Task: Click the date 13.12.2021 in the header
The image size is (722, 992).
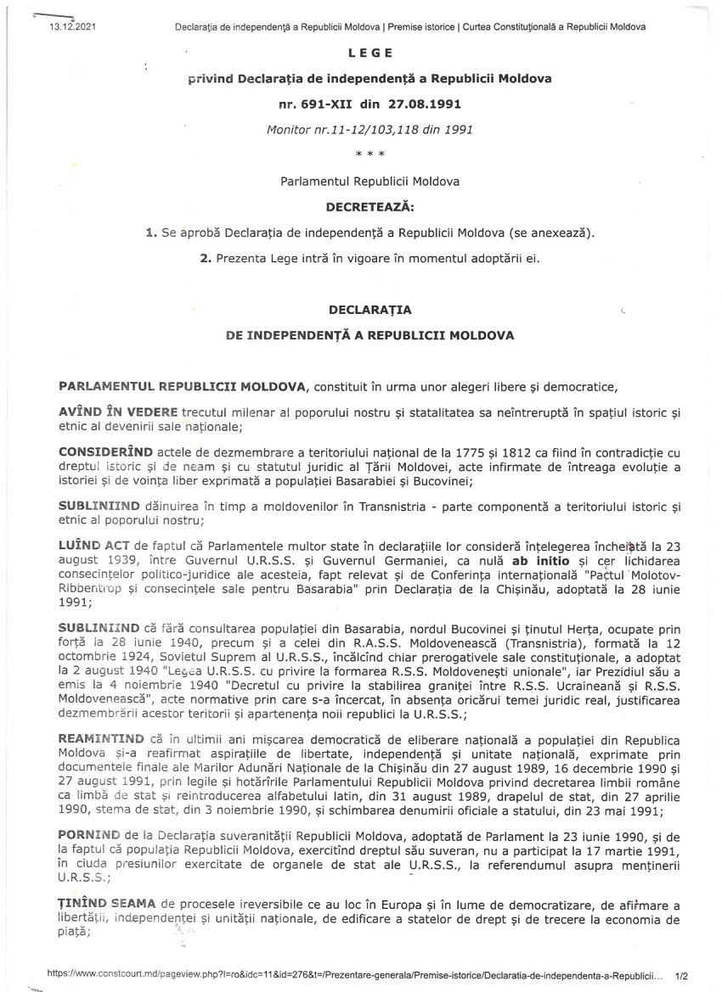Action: tap(75, 27)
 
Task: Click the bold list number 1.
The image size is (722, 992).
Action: tap(150, 233)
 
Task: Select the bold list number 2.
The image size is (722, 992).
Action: tap(205, 258)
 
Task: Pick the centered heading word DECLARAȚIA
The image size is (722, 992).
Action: tap(369, 310)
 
